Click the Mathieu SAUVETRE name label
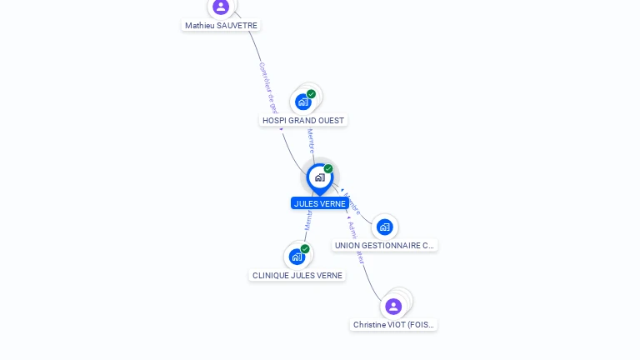(x=221, y=26)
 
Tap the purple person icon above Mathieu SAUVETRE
(x=221, y=7)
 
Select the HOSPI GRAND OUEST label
(x=302, y=120)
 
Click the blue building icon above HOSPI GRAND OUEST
(x=302, y=102)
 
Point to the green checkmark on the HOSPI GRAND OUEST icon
(x=311, y=94)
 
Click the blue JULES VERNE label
(x=319, y=203)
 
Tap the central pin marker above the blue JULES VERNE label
(x=319, y=177)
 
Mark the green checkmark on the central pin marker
(x=328, y=169)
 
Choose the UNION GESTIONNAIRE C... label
(x=384, y=245)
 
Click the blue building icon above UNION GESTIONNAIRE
(x=384, y=227)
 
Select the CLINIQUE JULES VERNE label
(x=297, y=275)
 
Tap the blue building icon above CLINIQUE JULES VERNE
(x=297, y=257)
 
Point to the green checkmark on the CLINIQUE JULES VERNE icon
(x=305, y=249)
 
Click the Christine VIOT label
(x=393, y=324)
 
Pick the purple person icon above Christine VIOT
(x=393, y=306)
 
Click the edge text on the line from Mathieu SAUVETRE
(x=269, y=87)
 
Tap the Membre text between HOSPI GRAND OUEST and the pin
(x=311, y=140)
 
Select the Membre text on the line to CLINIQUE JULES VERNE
(x=307, y=220)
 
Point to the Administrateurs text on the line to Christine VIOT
(x=356, y=242)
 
